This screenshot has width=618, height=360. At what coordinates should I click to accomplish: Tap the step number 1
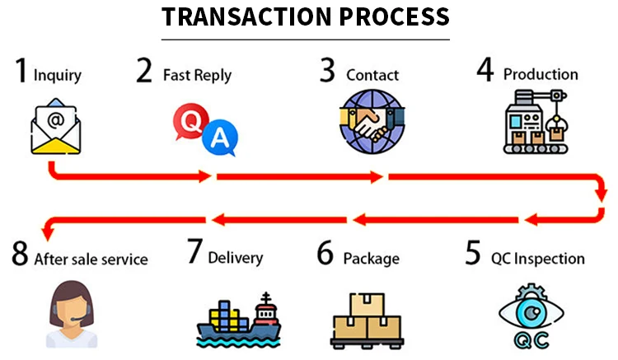tap(22, 72)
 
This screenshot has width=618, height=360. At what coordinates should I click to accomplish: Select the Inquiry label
tap(58, 75)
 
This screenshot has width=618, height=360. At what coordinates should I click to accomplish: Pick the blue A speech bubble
tap(218, 138)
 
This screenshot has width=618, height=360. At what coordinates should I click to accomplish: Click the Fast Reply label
tap(197, 75)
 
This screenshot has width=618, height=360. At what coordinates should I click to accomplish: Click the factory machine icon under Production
tap(536, 124)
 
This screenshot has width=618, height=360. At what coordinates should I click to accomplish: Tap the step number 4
tap(485, 72)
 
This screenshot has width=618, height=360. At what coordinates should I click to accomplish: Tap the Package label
tap(371, 258)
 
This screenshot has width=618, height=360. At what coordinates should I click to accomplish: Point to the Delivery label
tap(235, 258)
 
